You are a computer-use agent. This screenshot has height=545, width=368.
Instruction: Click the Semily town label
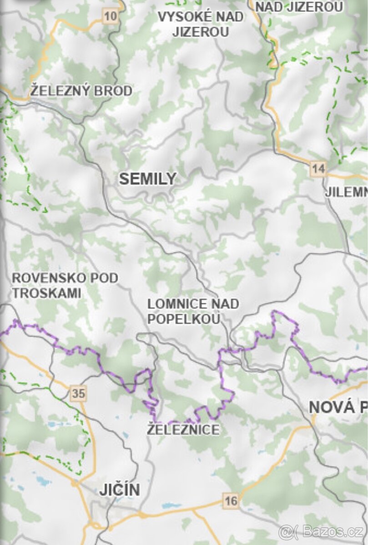tap(147, 179)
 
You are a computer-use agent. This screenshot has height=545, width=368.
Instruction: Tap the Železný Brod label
tap(81, 91)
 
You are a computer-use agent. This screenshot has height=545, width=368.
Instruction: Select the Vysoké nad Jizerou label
tap(200, 24)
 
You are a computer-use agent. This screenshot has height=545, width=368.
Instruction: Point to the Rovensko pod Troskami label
tap(65, 285)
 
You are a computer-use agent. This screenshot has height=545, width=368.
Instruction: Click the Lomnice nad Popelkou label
tap(193, 311)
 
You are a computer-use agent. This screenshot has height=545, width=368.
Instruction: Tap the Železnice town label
tap(183, 429)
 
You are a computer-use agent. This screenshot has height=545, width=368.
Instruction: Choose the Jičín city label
tap(120, 490)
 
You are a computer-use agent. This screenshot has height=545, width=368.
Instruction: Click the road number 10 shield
tap(110, 17)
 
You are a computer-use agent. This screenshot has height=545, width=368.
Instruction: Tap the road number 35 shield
tap(78, 393)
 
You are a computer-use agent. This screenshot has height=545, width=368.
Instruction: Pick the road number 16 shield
tap(231, 501)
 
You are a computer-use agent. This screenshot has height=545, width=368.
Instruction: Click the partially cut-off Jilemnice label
tap(346, 192)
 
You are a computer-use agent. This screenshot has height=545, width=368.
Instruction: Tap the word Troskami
tap(46, 293)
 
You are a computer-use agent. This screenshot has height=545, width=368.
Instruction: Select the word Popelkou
tap(184, 319)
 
